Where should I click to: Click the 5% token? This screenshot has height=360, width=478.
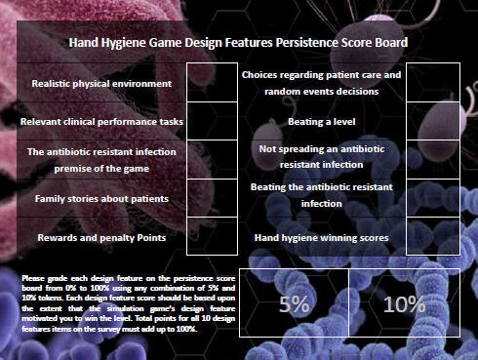[294, 303]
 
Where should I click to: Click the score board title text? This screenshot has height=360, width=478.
[238, 43]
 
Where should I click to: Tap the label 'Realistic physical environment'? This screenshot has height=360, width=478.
[101, 83]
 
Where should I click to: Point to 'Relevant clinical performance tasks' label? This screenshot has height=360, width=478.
[101, 121]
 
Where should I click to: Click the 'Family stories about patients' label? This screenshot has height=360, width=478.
[101, 198]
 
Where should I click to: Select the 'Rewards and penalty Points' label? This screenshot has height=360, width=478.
[101, 237]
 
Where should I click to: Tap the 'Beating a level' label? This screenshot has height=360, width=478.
[322, 122]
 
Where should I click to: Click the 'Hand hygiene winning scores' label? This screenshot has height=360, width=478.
[322, 237]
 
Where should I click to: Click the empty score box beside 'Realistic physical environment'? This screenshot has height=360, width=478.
[211, 82]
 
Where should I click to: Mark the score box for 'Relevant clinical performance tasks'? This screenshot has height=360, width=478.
[211, 121]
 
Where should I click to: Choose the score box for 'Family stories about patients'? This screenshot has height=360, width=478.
[211, 198]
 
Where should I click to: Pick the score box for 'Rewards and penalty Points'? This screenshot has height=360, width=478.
[211, 237]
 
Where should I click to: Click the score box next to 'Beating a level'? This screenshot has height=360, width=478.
[432, 121]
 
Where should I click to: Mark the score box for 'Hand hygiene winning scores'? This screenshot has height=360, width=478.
[432, 237]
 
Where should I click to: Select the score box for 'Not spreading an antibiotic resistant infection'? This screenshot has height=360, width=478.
[432, 159]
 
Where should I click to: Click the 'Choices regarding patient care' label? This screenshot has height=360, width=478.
[322, 83]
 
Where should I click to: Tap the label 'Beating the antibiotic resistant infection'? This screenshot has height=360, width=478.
[322, 195]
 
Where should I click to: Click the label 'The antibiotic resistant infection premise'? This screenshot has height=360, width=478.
[101, 159]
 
